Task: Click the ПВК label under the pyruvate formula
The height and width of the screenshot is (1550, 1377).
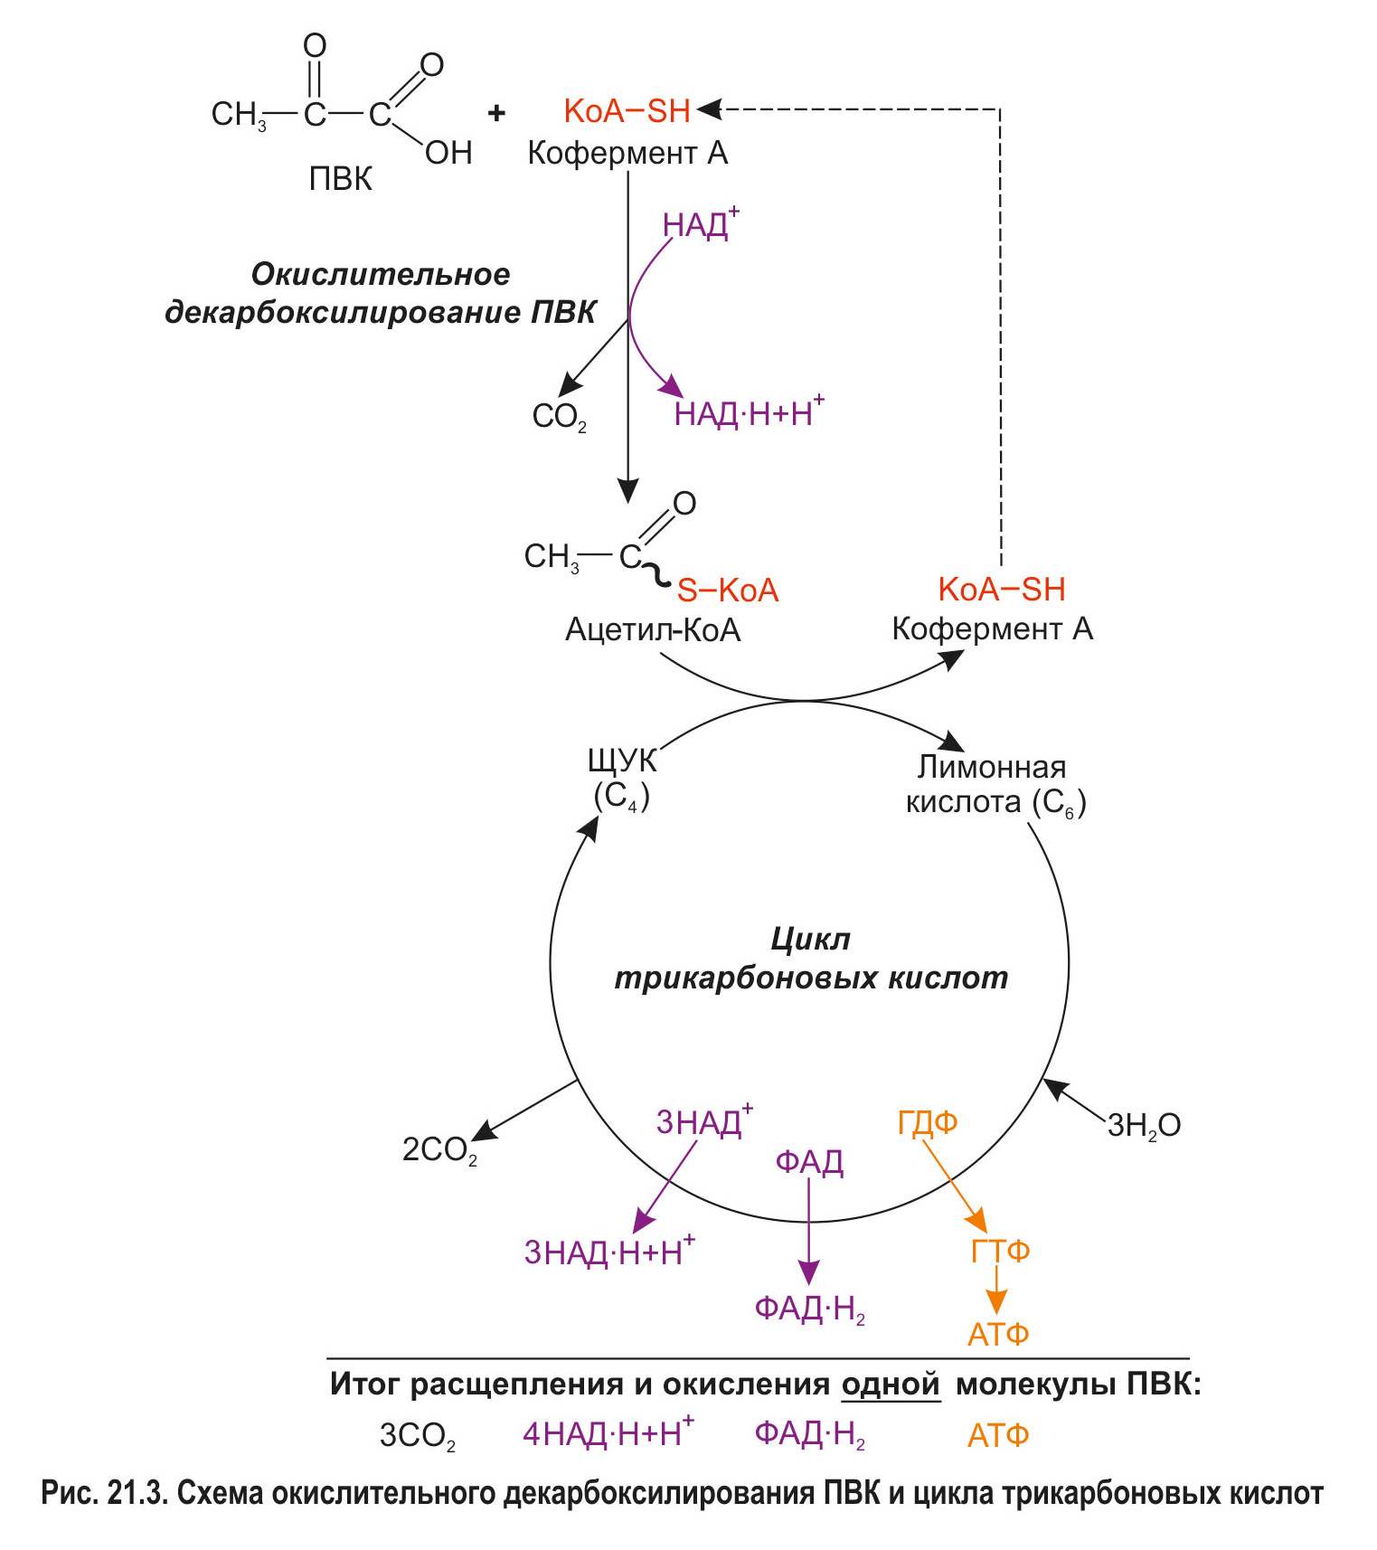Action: point(340,179)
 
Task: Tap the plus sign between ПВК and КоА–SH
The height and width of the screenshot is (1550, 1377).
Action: point(496,113)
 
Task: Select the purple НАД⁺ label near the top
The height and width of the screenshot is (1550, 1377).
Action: point(700,224)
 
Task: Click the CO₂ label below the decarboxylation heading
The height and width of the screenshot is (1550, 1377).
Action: point(559,417)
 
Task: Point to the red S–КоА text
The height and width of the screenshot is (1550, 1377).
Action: point(728,591)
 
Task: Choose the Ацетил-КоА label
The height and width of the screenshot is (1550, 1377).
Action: point(653,629)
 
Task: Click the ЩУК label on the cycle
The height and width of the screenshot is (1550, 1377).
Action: point(622,761)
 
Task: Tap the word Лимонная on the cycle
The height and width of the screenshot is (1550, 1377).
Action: point(992,767)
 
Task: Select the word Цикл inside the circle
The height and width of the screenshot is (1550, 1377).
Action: point(811,940)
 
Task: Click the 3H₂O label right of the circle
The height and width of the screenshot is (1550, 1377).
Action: point(1144,1125)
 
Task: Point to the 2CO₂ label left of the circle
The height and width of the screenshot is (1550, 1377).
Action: point(439,1149)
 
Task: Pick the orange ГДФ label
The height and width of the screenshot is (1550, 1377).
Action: point(928,1122)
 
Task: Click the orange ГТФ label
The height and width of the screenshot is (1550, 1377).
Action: point(1000,1251)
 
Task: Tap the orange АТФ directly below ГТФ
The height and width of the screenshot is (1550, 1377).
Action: point(998,1334)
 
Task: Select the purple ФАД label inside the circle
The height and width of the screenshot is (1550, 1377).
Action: point(809,1162)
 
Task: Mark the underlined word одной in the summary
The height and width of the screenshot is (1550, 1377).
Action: point(891,1385)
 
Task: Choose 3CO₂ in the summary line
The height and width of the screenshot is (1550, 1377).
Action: point(417,1436)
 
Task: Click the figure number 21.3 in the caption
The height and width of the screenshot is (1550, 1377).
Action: point(137,1493)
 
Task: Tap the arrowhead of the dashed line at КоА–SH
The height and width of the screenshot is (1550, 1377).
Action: point(708,109)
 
